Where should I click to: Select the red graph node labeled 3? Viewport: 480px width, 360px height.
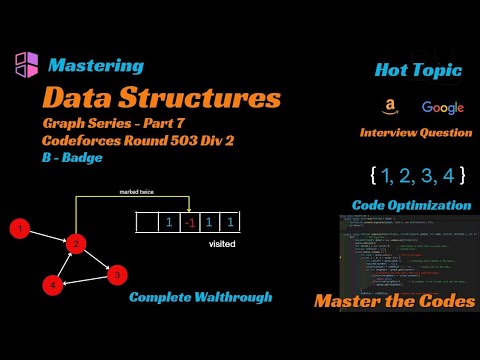pos(116,273)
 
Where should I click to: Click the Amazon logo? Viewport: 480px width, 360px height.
pos(386,107)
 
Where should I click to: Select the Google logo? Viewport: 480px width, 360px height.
pos(442,107)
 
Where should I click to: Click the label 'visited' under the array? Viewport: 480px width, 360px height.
pos(222,242)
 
